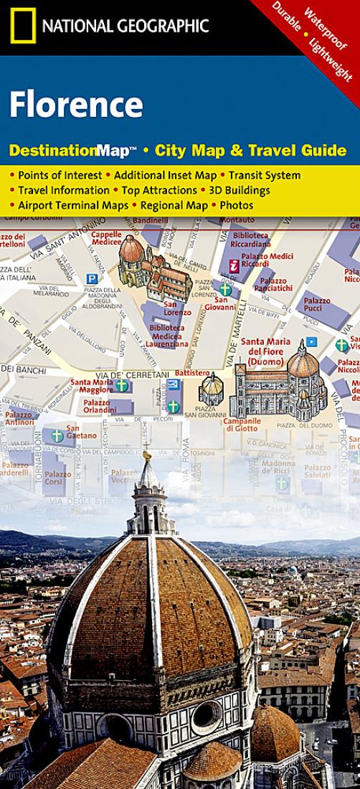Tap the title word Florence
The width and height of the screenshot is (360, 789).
coord(76,105)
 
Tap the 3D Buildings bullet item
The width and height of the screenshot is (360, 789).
coord(238,190)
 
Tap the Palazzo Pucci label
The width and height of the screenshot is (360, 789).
coord(317,306)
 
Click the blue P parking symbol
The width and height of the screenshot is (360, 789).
coord(91,278)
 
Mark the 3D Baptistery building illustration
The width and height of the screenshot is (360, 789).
coord(212,391)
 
